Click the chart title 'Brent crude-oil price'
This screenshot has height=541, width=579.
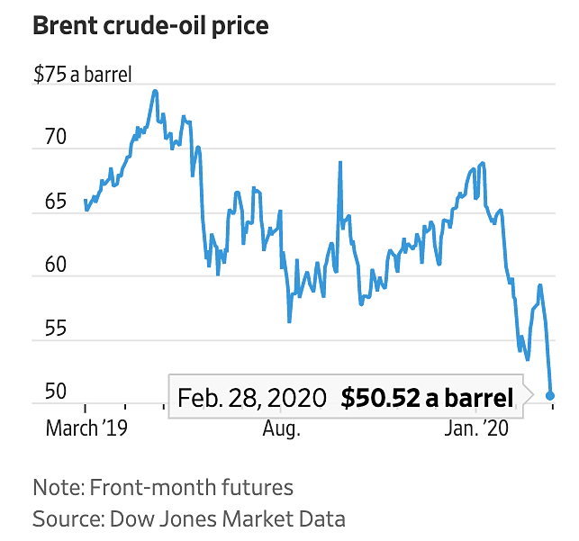click(150, 25)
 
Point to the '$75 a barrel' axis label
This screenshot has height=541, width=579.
click(83, 75)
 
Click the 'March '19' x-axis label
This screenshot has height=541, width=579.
click(86, 428)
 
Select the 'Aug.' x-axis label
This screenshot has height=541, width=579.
click(281, 428)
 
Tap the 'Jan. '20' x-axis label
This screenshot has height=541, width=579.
click(476, 428)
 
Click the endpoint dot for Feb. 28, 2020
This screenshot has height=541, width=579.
click(551, 395)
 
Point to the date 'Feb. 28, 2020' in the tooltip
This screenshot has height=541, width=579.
click(253, 397)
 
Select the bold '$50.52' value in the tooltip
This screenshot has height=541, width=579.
click(378, 397)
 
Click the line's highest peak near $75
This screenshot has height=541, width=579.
click(155, 91)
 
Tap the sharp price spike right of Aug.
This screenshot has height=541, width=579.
click(339, 162)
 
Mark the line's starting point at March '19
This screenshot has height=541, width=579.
click(85, 201)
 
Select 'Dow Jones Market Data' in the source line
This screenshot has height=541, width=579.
click(227, 518)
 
